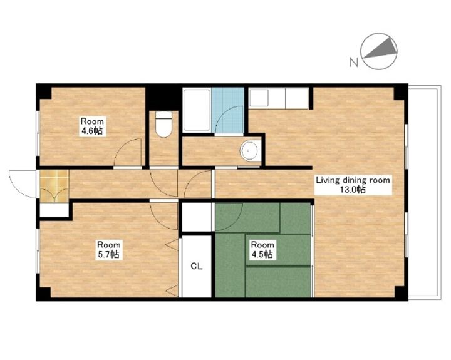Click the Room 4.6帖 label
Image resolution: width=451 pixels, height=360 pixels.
click(x=92, y=126)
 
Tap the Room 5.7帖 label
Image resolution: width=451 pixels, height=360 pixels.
click(x=108, y=250)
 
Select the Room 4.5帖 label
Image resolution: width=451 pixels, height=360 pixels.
click(x=262, y=250)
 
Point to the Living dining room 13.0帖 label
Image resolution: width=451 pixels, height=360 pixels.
click(x=353, y=185)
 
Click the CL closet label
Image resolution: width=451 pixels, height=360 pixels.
click(x=197, y=266)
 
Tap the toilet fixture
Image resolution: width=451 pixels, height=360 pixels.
click(x=163, y=124)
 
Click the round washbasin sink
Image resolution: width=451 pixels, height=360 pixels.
click(x=250, y=151)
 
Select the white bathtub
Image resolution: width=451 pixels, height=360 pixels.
click(x=197, y=111)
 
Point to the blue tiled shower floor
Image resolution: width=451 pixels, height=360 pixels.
click(x=228, y=110)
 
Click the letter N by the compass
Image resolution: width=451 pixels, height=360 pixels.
click(x=353, y=62)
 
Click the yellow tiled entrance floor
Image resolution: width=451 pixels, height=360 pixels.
click(x=54, y=186)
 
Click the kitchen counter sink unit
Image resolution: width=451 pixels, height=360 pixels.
click(x=278, y=98)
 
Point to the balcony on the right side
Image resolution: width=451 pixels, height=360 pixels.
click(x=425, y=192)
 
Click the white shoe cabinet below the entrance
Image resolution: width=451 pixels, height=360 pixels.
click(x=54, y=210)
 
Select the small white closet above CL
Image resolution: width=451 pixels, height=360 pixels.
click(x=197, y=217)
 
